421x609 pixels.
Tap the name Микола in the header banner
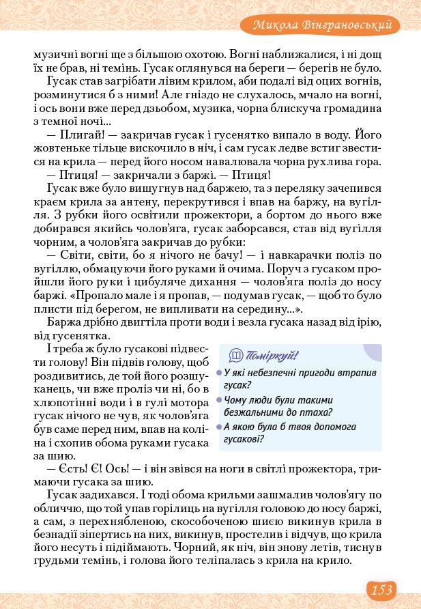coord(276,26)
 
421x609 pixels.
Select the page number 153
coord(381,589)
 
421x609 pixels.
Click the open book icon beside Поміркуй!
coord(236,355)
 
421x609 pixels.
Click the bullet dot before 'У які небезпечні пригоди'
coord(219,373)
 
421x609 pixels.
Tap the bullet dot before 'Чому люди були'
coord(219,400)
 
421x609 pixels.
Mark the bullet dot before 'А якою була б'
coord(219,427)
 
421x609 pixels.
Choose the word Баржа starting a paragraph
coord(63,323)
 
